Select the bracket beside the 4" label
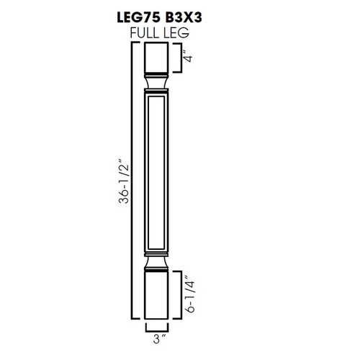tap(179, 58)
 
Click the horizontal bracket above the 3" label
tap(158, 328)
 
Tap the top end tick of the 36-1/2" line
tap(135, 43)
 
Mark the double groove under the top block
tap(158, 73)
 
